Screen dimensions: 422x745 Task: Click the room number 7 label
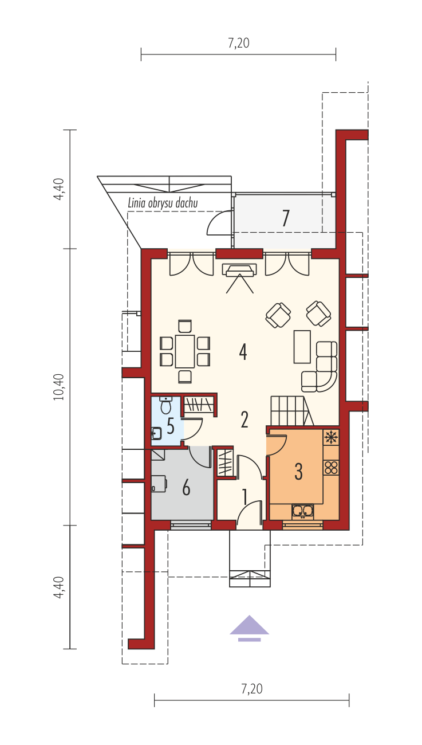point(286,218)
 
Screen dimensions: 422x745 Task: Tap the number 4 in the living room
point(243,352)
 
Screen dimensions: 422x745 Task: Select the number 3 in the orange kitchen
point(298,471)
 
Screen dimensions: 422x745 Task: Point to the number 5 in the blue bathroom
point(171,426)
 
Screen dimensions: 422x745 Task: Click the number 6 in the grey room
point(186,488)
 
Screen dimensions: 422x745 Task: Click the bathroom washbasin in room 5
point(156,433)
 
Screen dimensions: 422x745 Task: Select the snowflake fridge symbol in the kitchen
point(331,437)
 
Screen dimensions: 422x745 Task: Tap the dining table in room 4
point(185,351)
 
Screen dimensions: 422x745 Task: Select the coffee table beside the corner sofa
point(302,347)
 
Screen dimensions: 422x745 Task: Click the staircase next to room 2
point(290,410)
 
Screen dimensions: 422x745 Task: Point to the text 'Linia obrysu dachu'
point(163,203)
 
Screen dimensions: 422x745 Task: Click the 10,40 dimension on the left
point(59,387)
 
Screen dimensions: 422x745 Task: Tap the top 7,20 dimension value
point(239,43)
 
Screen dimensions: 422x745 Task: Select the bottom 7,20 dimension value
point(252,689)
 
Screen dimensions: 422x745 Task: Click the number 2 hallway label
point(244,419)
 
